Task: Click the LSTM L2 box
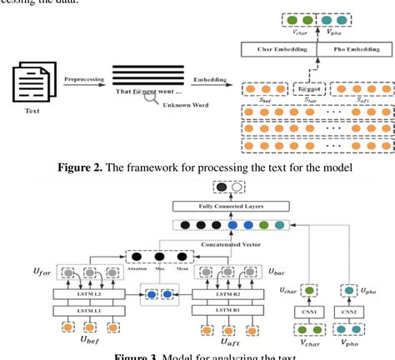(x=72, y=295)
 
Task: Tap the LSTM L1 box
(x=72, y=311)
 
